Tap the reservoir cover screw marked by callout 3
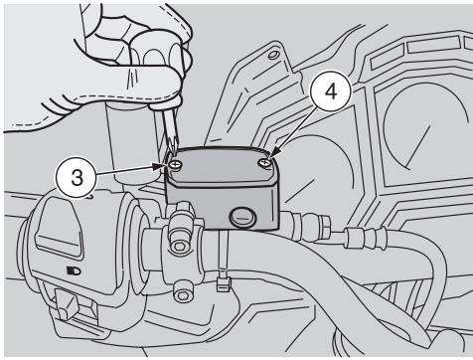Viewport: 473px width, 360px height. click(x=175, y=163)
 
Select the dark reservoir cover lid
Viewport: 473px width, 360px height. click(x=222, y=167)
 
